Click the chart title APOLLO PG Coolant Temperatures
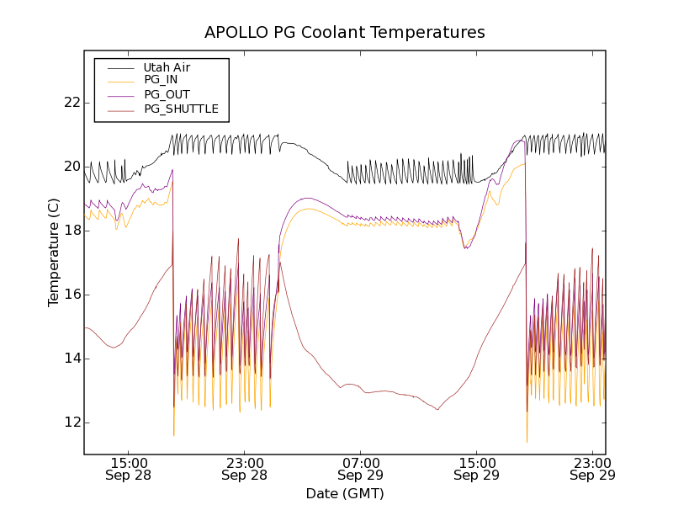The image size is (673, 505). click(x=345, y=33)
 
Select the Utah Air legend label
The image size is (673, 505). click(x=167, y=67)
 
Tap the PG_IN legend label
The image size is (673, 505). click(x=161, y=80)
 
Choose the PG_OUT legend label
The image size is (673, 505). click(x=167, y=94)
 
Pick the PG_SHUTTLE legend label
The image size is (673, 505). click(x=181, y=109)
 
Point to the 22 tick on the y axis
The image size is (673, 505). click(x=72, y=103)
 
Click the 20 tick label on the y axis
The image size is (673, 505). click(x=72, y=167)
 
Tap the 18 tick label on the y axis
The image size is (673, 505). click(x=72, y=231)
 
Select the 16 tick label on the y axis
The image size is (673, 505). click(x=72, y=295)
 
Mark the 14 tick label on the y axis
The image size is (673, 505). click(x=72, y=359)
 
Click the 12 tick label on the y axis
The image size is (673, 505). click(x=72, y=423)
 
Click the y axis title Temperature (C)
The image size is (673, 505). click(x=53, y=252)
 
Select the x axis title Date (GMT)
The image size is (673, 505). click(x=345, y=493)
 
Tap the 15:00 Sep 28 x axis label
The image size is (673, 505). click(x=130, y=469)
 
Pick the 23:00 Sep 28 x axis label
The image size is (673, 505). click(x=246, y=469)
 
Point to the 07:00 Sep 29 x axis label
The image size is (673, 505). click(x=361, y=469)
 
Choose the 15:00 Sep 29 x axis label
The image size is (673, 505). click(x=477, y=469)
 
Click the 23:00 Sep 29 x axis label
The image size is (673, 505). click(x=592, y=469)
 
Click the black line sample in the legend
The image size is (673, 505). click(x=120, y=67)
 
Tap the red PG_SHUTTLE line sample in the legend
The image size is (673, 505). click(x=120, y=109)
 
